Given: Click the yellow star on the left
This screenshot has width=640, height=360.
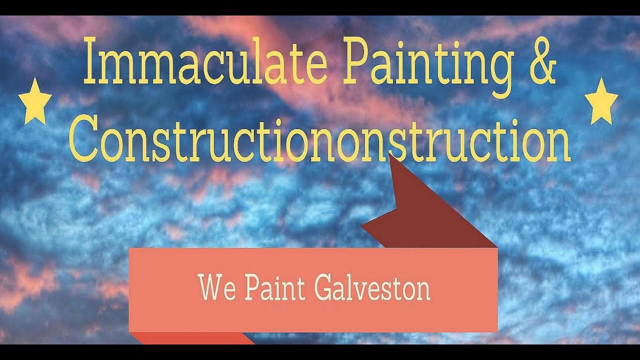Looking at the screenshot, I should pyautogui.click(x=35, y=101).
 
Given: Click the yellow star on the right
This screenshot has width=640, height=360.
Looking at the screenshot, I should pyautogui.click(x=601, y=101).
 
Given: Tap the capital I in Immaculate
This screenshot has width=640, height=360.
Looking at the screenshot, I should pyautogui.click(x=89, y=60).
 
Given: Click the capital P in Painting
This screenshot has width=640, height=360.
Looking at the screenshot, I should pyautogui.click(x=353, y=60).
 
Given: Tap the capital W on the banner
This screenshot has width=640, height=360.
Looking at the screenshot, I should pyautogui.click(x=210, y=287).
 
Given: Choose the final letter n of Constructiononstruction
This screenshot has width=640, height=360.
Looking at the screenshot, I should pyautogui.click(x=560, y=144).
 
